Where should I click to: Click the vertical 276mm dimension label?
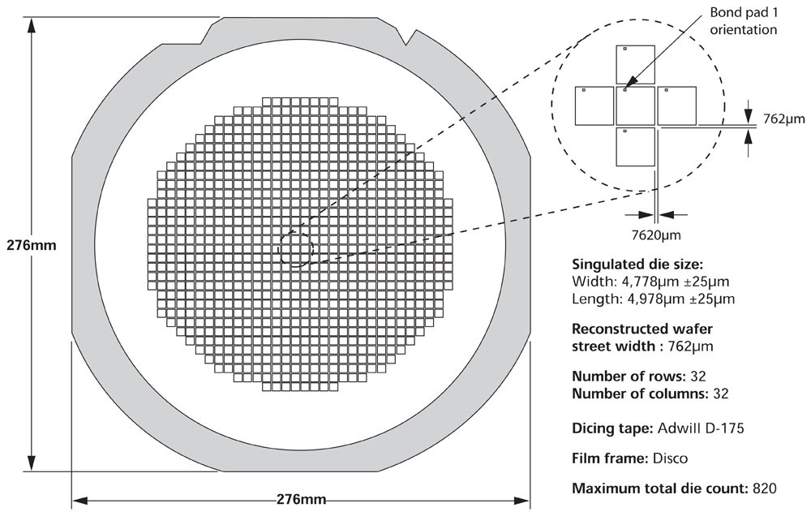coord(30,245)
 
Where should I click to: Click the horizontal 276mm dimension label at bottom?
coord(301,498)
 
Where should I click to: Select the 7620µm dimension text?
coord(656,234)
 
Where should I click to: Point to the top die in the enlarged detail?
coord(635,63)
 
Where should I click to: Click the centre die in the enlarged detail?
coord(635,105)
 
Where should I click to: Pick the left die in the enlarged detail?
coord(594,105)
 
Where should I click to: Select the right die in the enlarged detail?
coord(677,105)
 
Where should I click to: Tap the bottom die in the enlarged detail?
coord(635,147)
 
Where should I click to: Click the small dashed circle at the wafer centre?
coord(296,247)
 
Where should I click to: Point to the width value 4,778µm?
coord(660,282)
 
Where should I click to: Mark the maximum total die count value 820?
coord(763,488)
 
